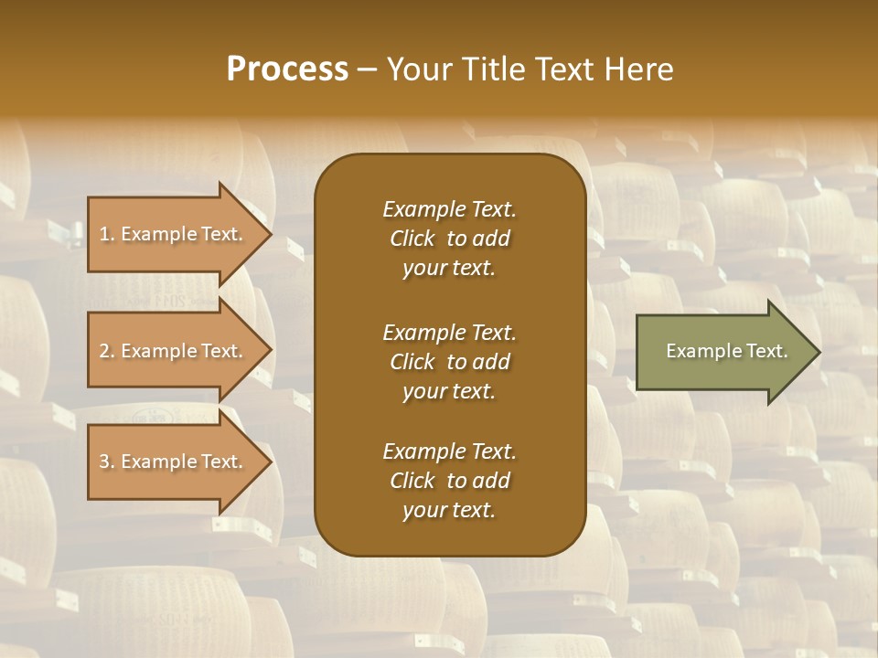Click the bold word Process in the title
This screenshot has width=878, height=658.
[x=287, y=69]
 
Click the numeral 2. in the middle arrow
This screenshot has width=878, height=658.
[x=107, y=351]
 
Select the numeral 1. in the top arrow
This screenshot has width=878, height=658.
[x=107, y=234]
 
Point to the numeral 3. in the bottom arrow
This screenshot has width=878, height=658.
[x=107, y=462]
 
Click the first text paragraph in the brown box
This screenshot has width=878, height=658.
[x=449, y=239]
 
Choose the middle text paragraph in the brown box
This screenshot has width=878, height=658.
[x=449, y=361]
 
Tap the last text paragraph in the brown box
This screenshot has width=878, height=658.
[x=449, y=481]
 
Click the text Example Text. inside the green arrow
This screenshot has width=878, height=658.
[x=726, y=351]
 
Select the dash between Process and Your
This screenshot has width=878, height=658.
[x=367, y=69]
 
